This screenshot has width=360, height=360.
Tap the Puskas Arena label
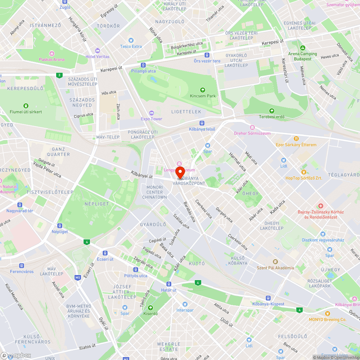click(52, 59)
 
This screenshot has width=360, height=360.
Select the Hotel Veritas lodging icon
click(98, 50)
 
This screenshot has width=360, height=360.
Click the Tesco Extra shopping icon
click(131, 40)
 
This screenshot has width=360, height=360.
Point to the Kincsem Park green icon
click(203, 90)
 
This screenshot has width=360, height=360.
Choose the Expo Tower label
click(152, 119)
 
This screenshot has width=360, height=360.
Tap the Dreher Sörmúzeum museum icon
click(252, 127)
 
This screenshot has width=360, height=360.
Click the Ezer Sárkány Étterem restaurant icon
click(296, 138)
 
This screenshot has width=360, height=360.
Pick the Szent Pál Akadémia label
click(275, 267)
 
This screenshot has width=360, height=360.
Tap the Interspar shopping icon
click(185, 304)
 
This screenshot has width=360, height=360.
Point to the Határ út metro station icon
click(169, 284)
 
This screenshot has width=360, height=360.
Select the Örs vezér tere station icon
click(207, 55)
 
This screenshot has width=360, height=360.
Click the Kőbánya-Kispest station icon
click(268, 298)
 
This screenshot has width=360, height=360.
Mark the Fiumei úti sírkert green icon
click(26, 105)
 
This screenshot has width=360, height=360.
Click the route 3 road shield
click(59, 75)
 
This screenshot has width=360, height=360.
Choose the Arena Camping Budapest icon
click(302, 48)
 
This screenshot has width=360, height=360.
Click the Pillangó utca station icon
click(143, 65)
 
